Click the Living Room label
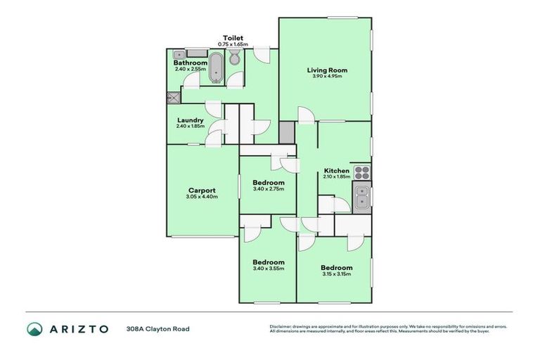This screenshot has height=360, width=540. point(327,70)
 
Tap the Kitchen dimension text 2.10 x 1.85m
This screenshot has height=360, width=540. point(336,177)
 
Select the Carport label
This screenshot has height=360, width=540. point(201,191)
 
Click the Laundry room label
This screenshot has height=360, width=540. point(190,120)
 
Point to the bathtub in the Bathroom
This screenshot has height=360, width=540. point(215,72)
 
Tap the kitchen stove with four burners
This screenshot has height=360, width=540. point(361,171)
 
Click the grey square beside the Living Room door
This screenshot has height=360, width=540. point(287,132)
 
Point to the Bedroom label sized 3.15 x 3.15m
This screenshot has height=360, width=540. point(336,268)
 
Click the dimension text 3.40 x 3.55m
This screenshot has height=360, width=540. point(269,269)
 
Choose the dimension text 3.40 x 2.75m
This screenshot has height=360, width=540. point(269,189)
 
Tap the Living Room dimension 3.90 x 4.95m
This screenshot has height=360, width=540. point(327,77)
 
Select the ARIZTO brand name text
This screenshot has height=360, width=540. point(79,328)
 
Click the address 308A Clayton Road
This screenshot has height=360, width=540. point(157,328)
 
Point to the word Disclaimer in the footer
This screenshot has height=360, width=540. point(281,326)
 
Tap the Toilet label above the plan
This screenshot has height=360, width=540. point(233,38)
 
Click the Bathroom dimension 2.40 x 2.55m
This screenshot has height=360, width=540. point(190,69)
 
